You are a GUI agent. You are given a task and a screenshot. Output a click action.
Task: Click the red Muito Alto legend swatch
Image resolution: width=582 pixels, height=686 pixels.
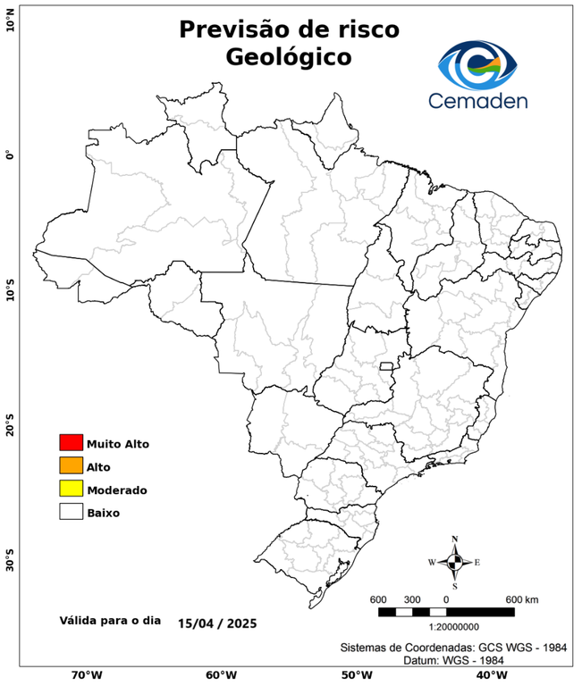71,442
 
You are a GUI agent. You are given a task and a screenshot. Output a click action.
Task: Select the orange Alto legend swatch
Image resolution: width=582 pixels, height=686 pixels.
71,465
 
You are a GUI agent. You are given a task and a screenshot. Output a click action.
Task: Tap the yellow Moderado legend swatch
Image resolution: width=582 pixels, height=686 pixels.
71,489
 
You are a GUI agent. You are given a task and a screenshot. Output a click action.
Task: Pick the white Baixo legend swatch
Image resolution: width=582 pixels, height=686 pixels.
71,512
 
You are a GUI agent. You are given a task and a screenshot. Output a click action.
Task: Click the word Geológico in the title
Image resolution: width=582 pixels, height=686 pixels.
289,57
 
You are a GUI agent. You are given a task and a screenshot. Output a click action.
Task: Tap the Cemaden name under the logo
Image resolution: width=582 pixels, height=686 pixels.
478,101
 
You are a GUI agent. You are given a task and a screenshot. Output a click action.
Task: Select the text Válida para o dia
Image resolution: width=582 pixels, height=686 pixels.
110,619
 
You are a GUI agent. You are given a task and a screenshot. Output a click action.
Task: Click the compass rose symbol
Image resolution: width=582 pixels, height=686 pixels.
454,562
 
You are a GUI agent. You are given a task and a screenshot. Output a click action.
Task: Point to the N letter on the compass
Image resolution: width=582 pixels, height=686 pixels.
454,539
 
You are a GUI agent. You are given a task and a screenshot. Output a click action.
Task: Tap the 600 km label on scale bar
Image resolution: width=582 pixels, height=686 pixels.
521,598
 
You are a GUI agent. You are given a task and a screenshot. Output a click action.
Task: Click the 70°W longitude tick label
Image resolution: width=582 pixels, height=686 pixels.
87,675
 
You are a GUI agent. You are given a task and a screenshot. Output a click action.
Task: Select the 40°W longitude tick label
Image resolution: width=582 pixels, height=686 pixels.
489,675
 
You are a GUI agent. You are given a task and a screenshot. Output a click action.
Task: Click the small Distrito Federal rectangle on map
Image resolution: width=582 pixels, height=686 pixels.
387,366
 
